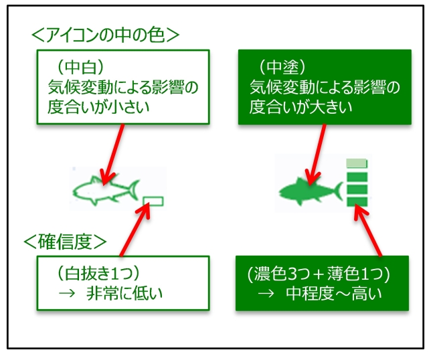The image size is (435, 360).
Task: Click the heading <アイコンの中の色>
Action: coord(107,33)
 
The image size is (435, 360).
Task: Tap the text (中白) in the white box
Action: coord(77,68)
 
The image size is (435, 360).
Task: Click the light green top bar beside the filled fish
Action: coord(357,163)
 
